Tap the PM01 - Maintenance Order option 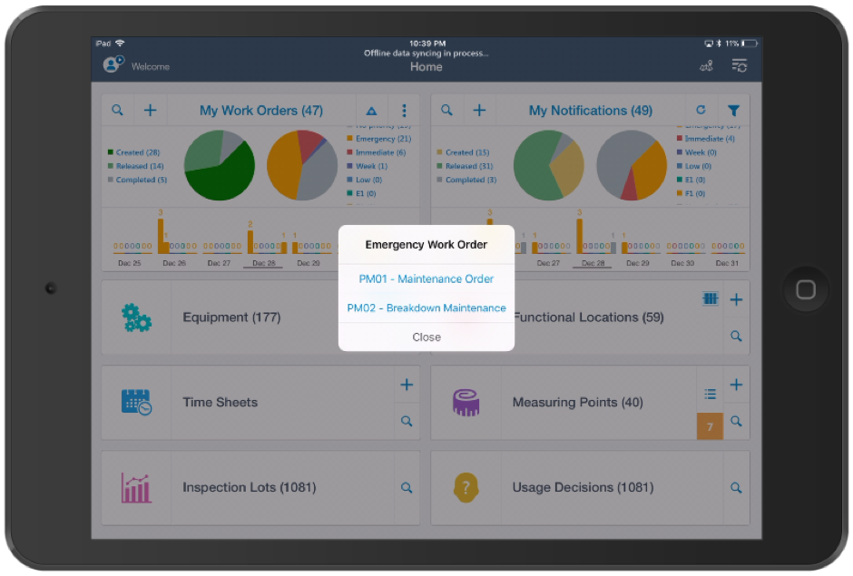point(426,278)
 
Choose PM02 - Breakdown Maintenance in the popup point(426,308)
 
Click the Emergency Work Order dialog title point(426,244)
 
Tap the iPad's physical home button point(805,288)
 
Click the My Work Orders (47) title point(261,111)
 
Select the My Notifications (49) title point(591,111)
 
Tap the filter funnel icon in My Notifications point(733,111)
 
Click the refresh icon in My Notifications point(701,111)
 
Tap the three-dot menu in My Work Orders point(404,111)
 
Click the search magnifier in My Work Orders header point(118,111)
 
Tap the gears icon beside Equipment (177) point(136,317)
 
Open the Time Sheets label point(221,403)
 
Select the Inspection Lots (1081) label point(250,487)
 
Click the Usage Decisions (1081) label point(583,487)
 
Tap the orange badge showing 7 point(710,426)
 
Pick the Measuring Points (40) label point(577,403)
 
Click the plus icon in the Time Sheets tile point(407,386)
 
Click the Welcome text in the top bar point(151,66)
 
